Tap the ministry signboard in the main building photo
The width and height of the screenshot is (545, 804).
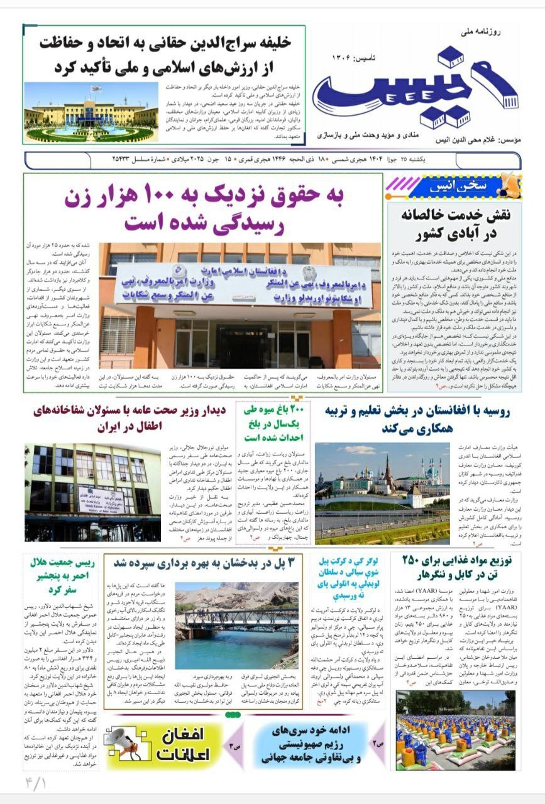click(x=243, y=286)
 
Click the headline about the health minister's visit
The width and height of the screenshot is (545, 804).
click(x=129, y=419)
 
